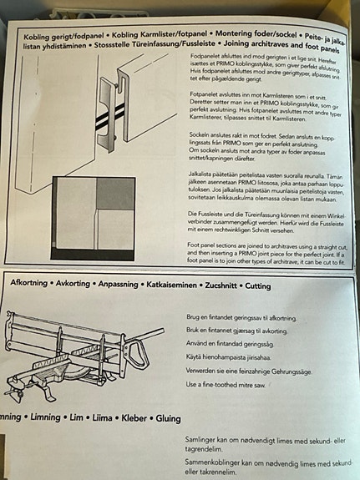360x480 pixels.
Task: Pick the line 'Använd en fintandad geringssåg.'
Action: pos(231,343)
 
